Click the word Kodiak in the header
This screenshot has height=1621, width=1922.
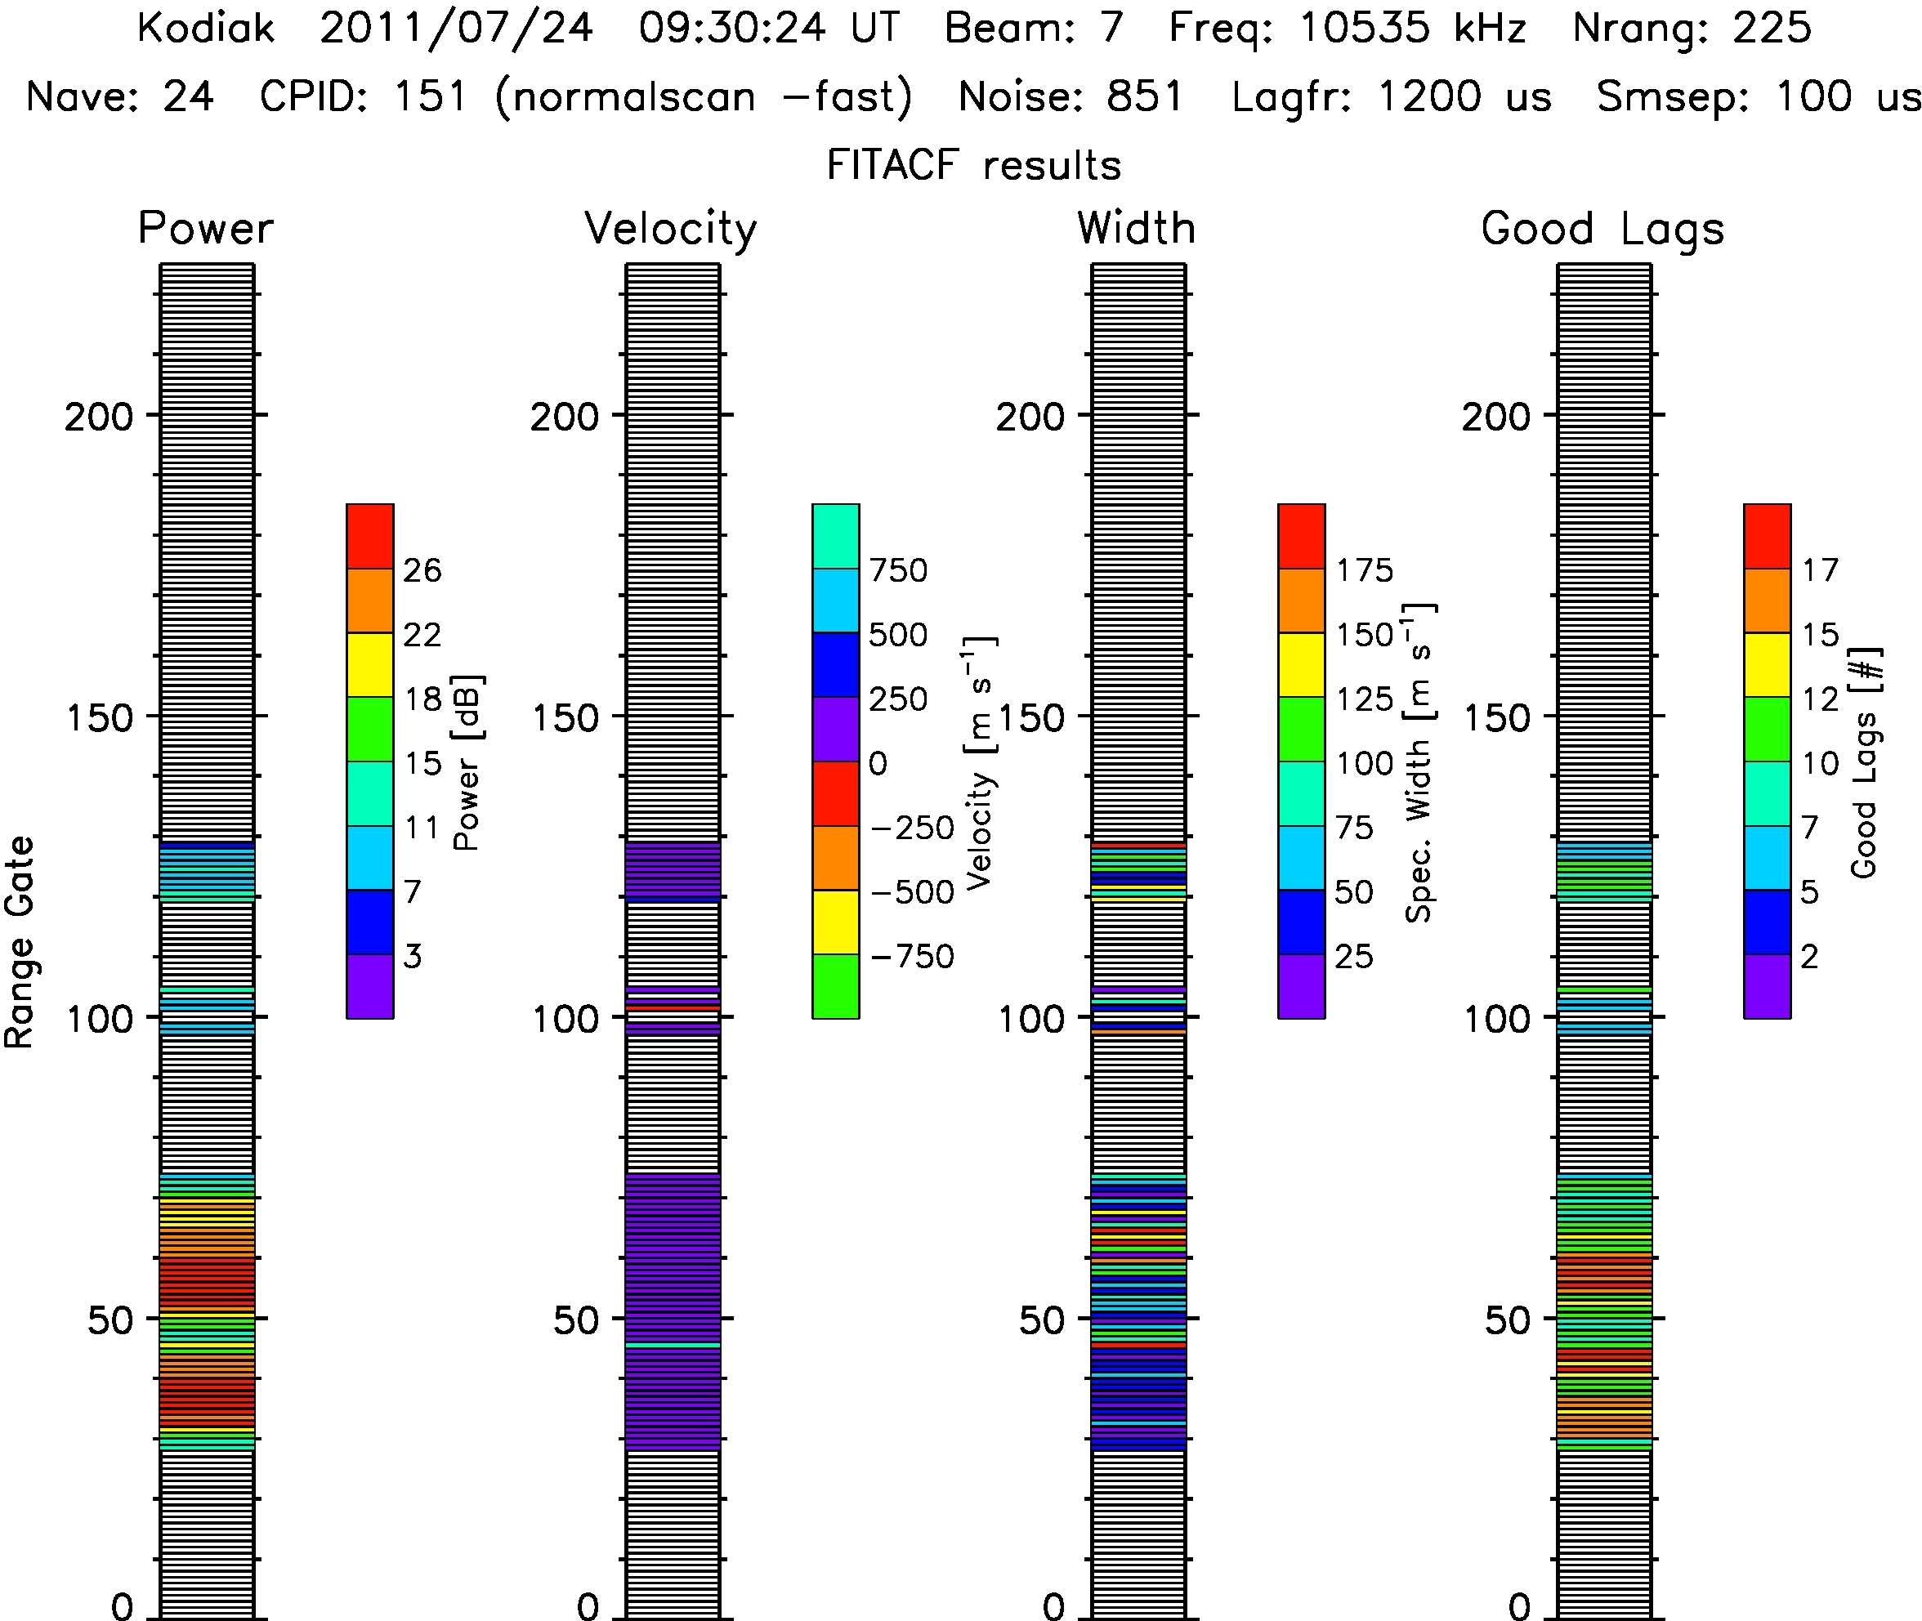click(206, 28)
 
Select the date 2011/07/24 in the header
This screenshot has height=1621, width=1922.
click(456, 29)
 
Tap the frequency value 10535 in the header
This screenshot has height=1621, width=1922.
click(1364, 28)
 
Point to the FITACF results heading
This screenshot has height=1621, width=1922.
click(973, 165)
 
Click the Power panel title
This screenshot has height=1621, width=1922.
click(206, 228)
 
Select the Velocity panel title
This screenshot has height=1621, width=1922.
click(671, 230)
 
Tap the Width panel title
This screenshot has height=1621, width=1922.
click(1136, 228)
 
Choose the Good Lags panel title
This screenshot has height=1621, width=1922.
click(1602, 230)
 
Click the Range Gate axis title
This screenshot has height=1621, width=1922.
click(20, 942)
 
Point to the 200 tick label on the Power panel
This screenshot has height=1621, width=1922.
click(98, 418)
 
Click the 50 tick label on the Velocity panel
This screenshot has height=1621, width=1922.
click(575, 1320)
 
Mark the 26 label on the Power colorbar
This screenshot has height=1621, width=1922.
click(422, 569)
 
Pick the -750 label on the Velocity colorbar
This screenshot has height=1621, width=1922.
click(912, 957)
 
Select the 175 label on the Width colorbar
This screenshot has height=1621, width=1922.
click(1364, 569)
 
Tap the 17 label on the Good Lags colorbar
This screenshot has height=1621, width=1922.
click(1820, 569)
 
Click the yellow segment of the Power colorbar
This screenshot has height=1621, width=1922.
click(369, 664)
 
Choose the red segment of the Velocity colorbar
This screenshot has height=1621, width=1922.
click(835, 793)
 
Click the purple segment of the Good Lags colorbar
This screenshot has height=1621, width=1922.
click(1767, 986)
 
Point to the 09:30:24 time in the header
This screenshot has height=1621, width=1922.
click(732, 28)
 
